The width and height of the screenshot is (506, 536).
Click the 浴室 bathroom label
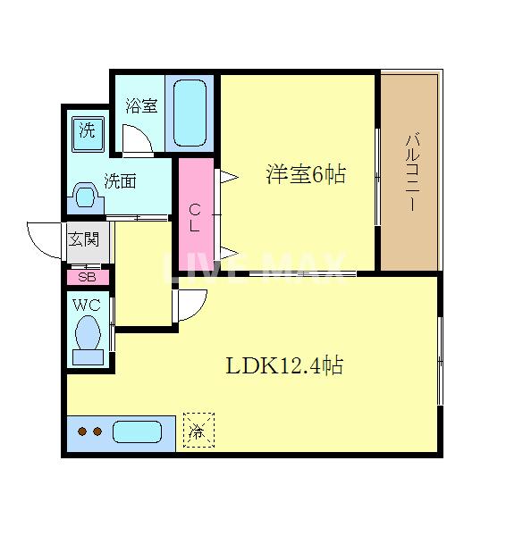141,106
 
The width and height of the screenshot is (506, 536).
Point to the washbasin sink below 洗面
86,196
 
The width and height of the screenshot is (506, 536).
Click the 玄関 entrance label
88,239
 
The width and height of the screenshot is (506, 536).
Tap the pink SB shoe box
88,276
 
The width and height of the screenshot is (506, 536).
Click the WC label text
86,306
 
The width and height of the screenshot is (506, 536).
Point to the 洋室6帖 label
305,174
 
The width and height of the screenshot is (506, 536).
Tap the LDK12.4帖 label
284,365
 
